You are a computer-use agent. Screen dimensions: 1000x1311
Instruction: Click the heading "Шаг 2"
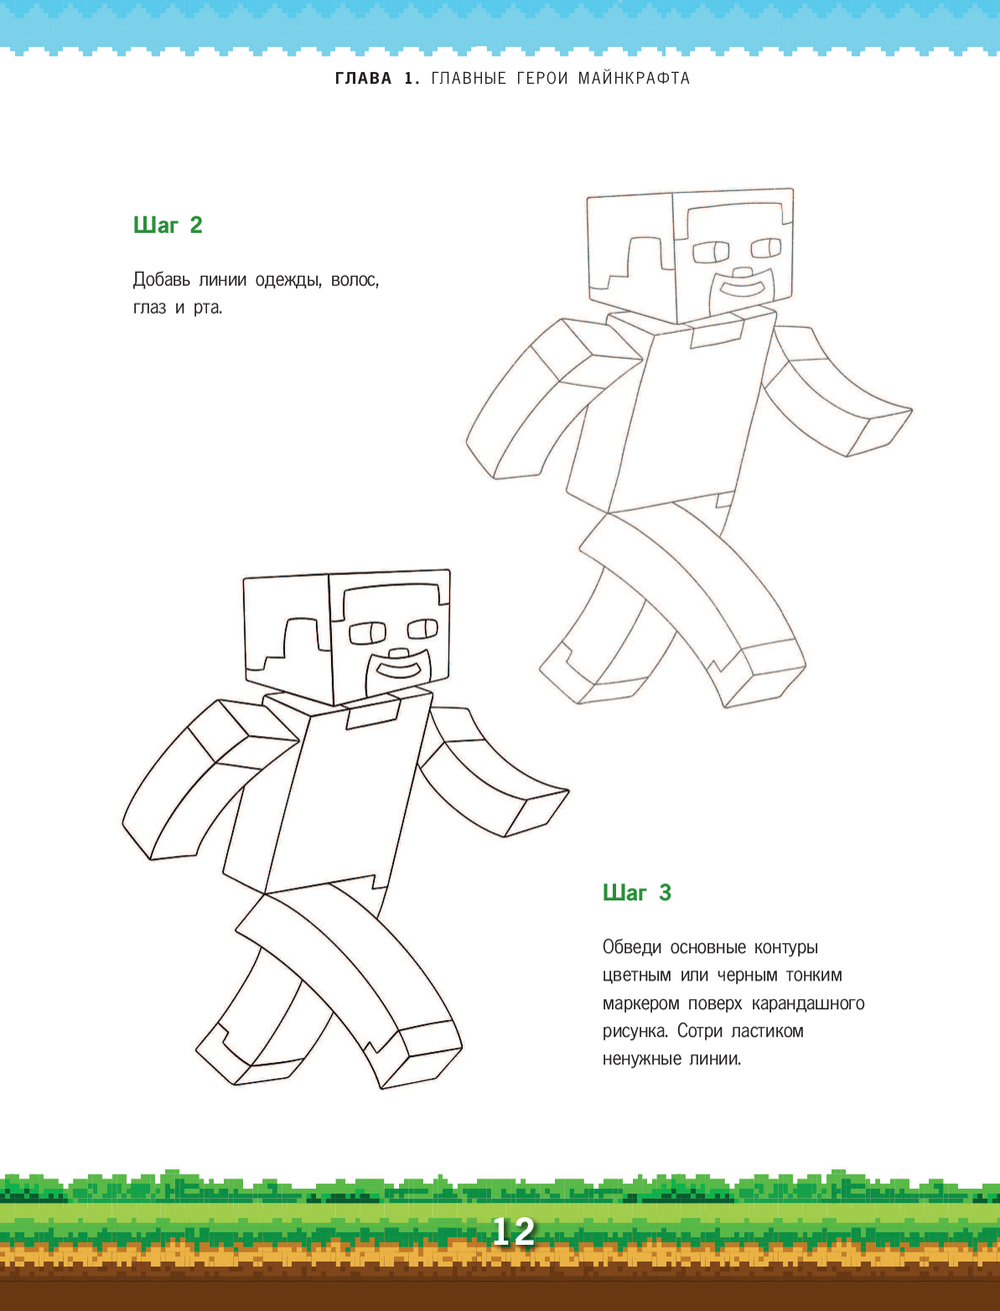[x=167, y=225]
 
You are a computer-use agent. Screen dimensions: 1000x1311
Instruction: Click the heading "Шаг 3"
[x=637, y=893]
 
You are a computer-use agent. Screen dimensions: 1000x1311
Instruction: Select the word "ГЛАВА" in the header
[x=363, y=78]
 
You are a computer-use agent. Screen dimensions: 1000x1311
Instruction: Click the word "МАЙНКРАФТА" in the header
[x=634, y=78]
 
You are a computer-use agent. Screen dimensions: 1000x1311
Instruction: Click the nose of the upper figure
[x=744, y=273]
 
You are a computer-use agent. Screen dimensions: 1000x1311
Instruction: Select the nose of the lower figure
[x=399, y=654]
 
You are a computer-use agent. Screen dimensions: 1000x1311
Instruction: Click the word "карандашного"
[x=808, y=1004]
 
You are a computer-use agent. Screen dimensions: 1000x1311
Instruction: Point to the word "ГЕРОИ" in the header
[x=542, y=78]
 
